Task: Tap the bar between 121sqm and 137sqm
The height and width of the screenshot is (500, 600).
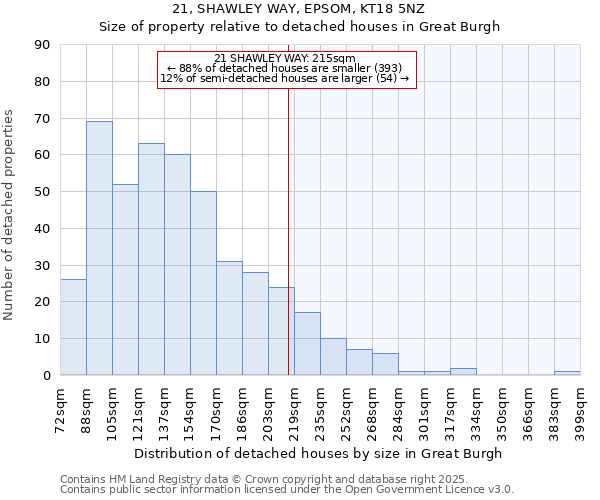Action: [151, 259]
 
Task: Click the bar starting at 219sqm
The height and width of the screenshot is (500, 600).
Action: [307, 344]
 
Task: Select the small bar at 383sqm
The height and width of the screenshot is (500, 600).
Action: [567, 373]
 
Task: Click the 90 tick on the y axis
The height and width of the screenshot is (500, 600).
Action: [42, 45]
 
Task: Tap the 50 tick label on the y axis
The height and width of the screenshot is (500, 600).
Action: [42, 192]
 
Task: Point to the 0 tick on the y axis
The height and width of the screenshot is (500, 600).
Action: [46, 375]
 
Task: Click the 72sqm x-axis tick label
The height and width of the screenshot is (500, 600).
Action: [60, 407]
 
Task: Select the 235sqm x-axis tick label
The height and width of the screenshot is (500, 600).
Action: [320, 407]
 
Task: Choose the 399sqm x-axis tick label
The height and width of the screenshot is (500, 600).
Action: [580, 407]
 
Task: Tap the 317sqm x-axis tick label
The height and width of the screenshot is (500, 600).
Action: [450, 407]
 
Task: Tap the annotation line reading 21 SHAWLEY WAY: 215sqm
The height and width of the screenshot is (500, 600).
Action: [285, 58]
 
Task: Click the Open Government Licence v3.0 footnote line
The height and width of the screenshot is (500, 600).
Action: [287, 489]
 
